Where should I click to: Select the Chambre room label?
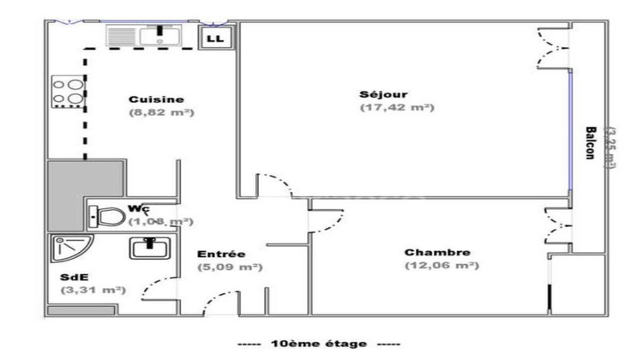click(437, 252)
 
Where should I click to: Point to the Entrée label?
click(221, 254)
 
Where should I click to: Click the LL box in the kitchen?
click(214, 38)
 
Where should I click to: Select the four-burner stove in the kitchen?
click(67, 93)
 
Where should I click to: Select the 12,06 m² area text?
click(442, 266)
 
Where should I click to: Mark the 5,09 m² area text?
click(231, 267)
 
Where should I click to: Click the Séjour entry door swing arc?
click(276, 184)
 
